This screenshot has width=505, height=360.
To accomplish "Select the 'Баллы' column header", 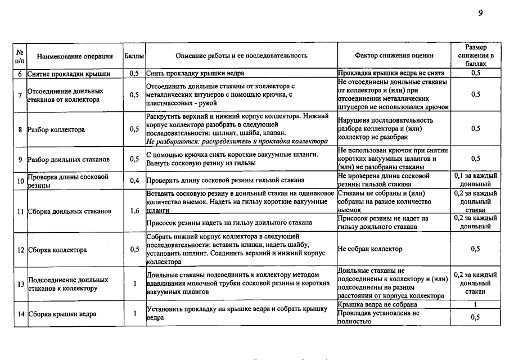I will click(134, 56).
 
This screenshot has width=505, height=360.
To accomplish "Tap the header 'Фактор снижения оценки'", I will click(394, 56).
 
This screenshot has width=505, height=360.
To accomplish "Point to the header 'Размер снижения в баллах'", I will click(476, 56).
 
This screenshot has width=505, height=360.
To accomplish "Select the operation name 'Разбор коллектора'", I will click(56, 129).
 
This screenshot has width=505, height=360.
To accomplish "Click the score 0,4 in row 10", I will click(134, 181).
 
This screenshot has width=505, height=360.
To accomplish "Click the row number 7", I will click(20, 95).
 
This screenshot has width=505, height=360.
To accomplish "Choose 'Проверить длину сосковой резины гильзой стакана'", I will click(225, 181).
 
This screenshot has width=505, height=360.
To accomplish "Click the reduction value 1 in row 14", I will click(476, 304).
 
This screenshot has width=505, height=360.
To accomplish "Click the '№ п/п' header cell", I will click(20, 56).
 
